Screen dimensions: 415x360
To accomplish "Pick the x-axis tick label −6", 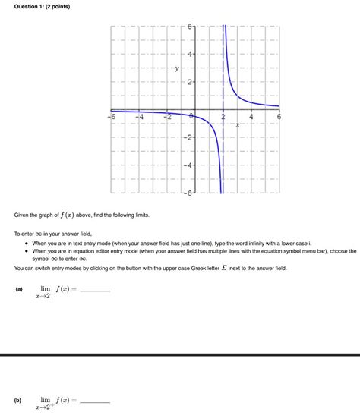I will coord(111,118).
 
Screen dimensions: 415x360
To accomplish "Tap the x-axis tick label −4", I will coord(139,118).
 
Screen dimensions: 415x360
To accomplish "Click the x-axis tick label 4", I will coord(251,118).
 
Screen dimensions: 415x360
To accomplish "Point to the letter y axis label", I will coord(176,68).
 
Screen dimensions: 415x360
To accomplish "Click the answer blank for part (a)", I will coord(95,291).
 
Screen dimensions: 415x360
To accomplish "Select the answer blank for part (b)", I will coord(95,401).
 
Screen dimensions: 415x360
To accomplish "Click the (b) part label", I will coord(18,399).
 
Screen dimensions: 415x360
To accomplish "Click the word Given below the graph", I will coord(23,215).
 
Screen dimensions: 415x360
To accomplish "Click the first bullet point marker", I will coord(26,244).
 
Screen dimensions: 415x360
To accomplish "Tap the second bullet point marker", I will coord(26,251).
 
